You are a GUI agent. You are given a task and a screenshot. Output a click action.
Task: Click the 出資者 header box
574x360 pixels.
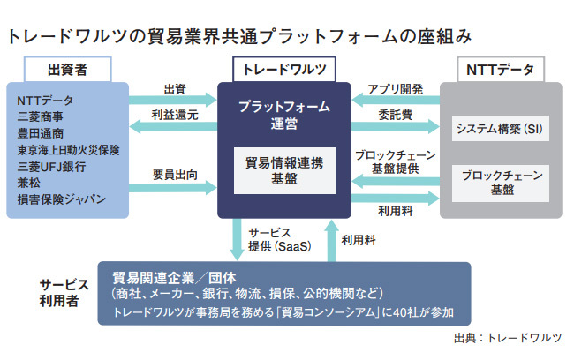pyautogui.click(x=67, y=69)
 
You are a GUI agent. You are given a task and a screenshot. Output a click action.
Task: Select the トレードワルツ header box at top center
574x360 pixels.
pyautogui.click(x=284, y=69)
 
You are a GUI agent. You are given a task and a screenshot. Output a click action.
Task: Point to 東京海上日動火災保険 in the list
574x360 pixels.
pyautogui.click(x=71, y=149)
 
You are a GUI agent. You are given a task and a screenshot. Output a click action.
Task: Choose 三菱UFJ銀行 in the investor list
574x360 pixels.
pyautogui.click(x=52, y=166)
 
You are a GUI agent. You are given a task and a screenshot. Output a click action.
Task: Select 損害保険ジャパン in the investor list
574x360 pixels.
pyautogui.click(x=61, y=199)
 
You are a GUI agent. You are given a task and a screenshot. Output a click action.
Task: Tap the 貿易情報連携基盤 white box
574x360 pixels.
pyautogui.click(x=284, y=169)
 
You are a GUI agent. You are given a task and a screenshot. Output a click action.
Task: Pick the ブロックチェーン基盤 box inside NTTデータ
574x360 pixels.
pyautogui.click(x=500, y=183)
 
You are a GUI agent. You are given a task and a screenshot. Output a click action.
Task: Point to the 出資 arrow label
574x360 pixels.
pyautogui.click(x=175, y=89)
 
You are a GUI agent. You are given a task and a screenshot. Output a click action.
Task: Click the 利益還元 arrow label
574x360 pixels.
pyautogui.click(x=175, y=116)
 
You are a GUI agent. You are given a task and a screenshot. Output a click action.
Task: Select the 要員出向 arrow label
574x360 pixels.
pyautogui.click(x=175, y=174)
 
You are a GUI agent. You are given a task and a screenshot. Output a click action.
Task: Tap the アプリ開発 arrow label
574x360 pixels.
pyautogui.click(x=396, y=89)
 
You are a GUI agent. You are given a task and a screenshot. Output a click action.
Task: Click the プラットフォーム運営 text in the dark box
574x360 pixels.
pyautogui.click(x=284, y=115)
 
